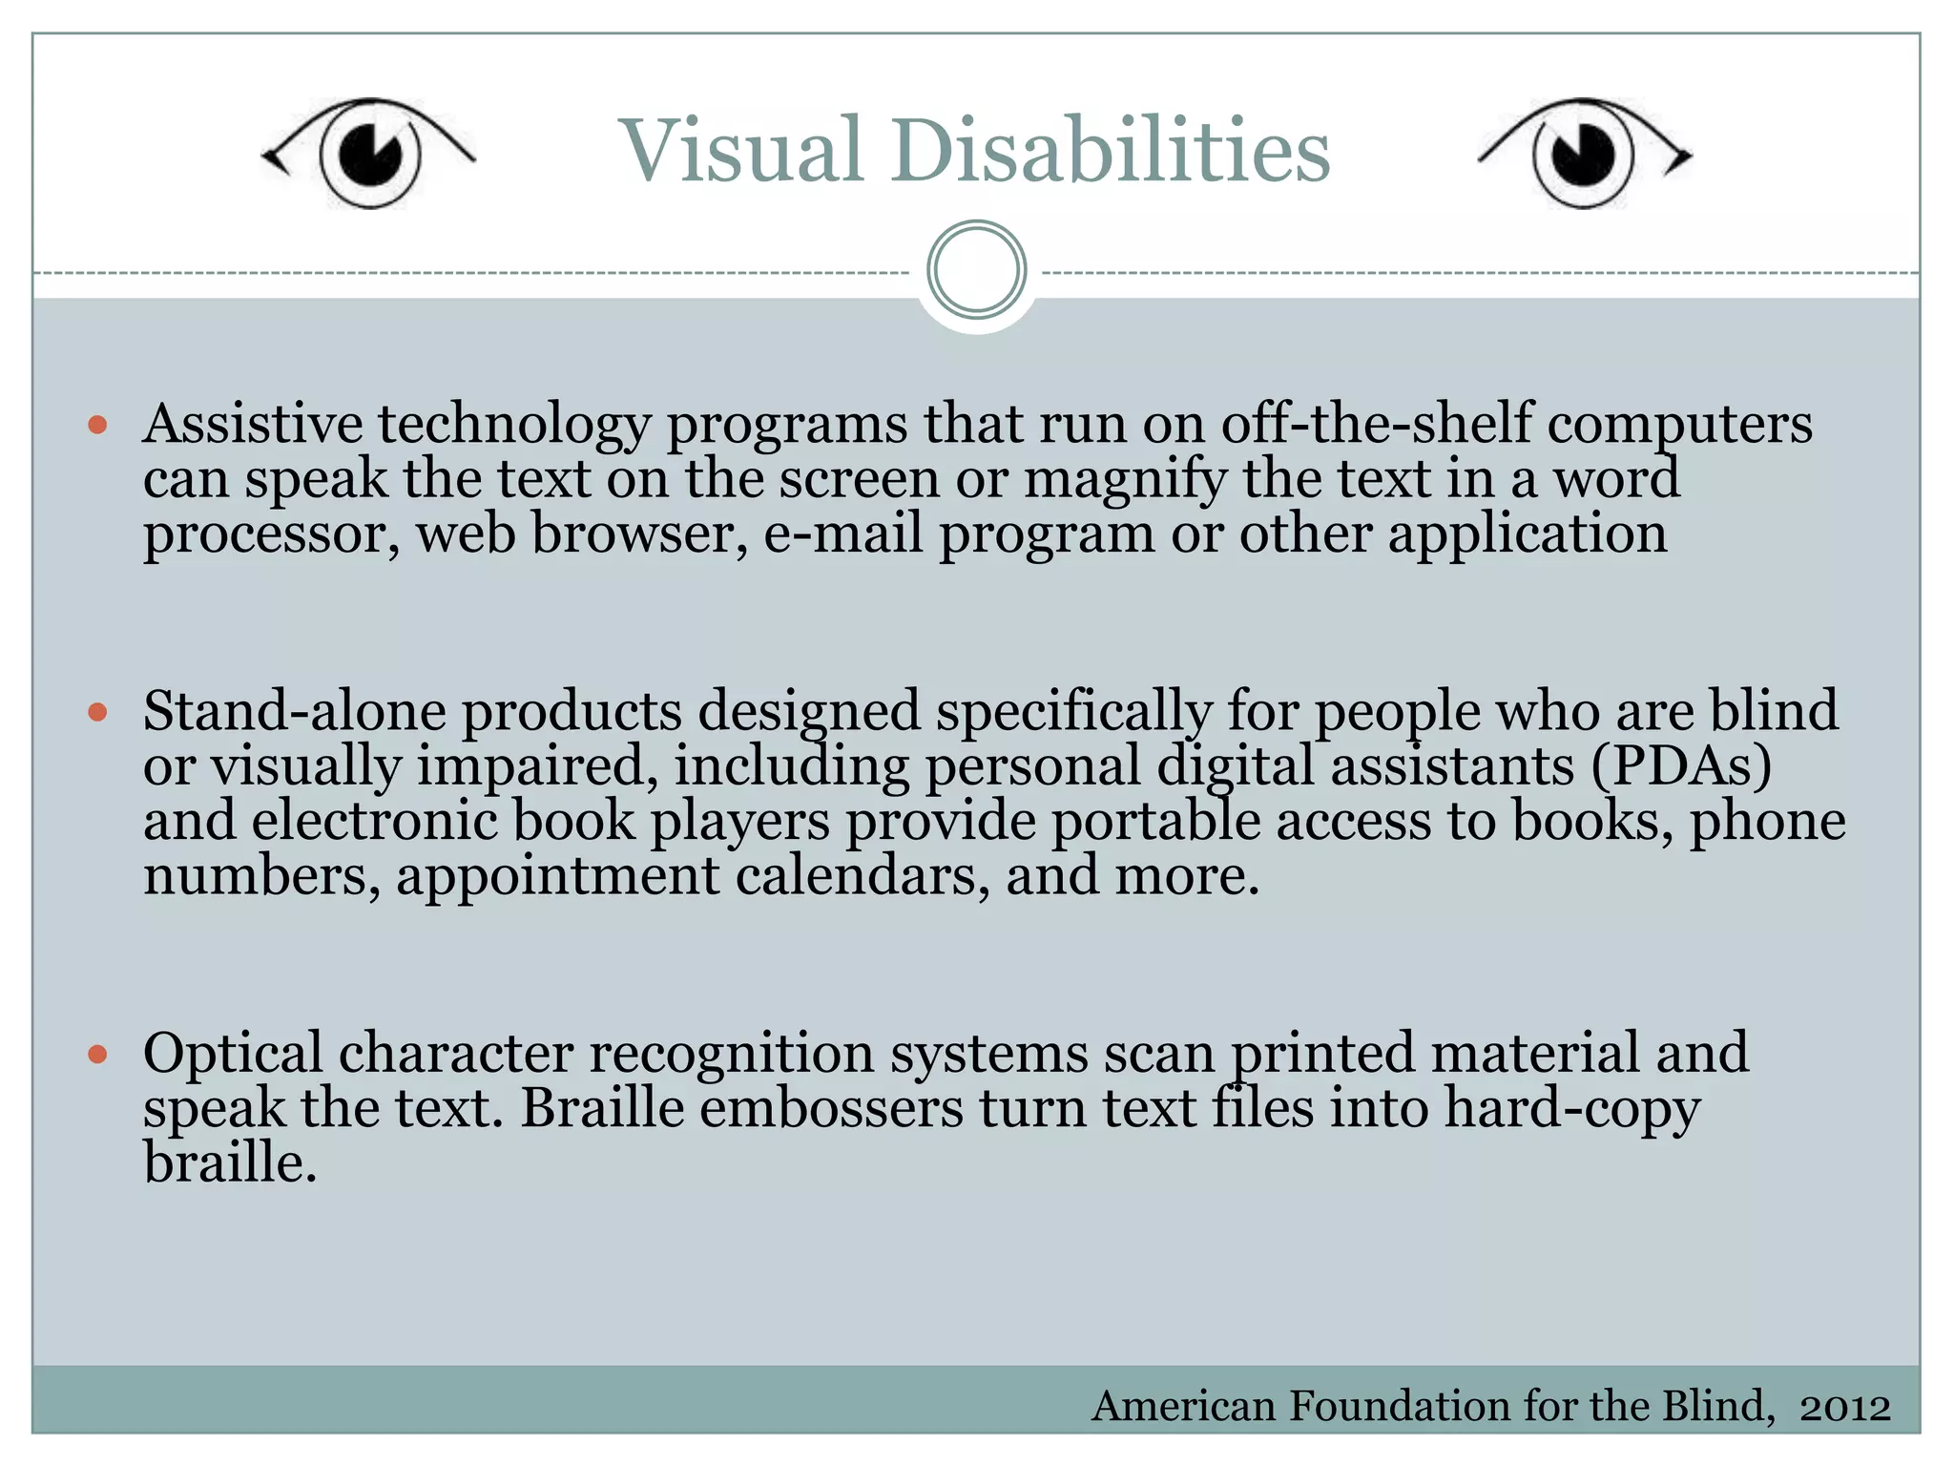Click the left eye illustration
(368, 153)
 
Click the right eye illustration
(1584, 153)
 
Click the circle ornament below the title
(976, 270)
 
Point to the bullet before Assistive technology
(97, 425)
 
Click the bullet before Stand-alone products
(97, 712)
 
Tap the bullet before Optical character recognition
(97, 1054)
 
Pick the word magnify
(1125, 480)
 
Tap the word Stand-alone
(295, 711)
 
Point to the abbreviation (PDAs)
(1681, 766)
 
